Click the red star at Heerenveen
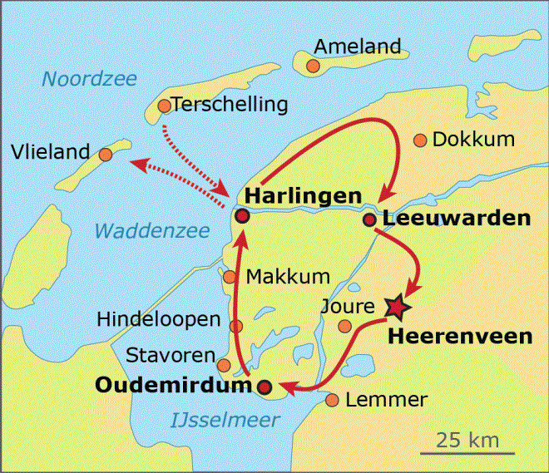(x=399, y=308)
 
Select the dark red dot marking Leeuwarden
(x=369, y=220)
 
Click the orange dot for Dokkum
(x=420, y=140)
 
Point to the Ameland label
(x=358, y=47)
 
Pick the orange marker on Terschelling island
(x=164, y=106)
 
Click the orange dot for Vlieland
(x=105, y=155)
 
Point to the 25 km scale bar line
(x=460, y=454)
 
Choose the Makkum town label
(x=289, y=276)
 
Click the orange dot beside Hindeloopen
(x=236, y=327)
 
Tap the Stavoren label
(x=171, y=356)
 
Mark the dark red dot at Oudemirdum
(x=265, y=387)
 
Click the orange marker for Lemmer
(x=332, y=401)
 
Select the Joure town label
(x=347, y=307)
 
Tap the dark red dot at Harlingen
(x=242, y=216)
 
